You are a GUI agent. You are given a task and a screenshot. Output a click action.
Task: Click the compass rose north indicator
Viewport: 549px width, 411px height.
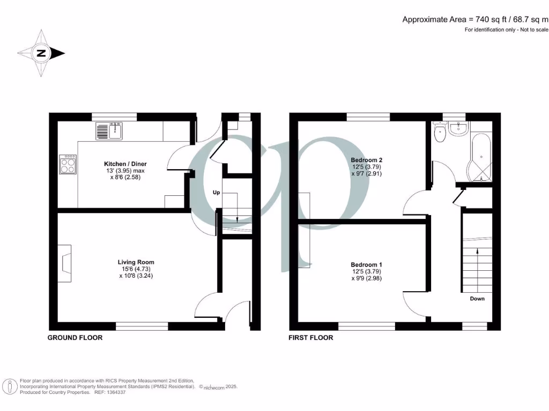point(41,53)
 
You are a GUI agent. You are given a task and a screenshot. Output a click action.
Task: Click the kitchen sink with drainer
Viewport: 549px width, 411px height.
point(110,131)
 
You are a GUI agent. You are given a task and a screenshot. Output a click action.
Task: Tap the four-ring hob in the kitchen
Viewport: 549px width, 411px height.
point(68,164)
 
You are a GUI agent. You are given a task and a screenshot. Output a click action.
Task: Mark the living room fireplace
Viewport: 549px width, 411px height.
point(65,263)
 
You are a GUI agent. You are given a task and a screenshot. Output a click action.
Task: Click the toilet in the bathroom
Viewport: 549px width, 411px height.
point(441,134)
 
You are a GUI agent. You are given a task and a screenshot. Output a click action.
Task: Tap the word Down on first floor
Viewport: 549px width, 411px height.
point(477,299)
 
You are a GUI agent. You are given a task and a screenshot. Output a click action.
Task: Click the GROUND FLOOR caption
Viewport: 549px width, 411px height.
point(75,338)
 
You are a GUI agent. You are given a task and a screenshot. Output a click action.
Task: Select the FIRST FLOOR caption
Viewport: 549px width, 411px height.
point(311,338)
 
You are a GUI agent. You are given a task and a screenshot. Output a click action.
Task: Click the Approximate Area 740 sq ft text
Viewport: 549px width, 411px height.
point(476,19)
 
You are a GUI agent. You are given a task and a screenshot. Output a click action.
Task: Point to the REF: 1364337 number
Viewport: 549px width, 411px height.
point(112,392)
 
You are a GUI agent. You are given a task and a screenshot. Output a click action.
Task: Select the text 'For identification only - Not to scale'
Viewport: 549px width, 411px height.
point(507,30)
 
